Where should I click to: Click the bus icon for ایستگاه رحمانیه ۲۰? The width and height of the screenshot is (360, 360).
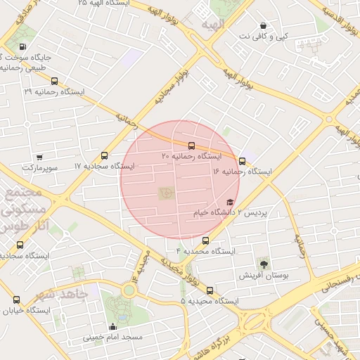[x=192, y=146]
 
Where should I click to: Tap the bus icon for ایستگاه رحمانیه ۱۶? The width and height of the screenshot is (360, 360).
[x=243, y=161]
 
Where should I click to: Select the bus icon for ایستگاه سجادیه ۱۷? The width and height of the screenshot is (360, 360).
[x=105, y=155]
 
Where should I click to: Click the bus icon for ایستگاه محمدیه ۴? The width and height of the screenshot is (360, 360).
[x=205, y=240]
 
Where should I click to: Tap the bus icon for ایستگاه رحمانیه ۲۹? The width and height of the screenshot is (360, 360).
[x=55, y=82]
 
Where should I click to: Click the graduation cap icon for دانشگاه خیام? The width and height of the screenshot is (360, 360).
[x=230, y=202]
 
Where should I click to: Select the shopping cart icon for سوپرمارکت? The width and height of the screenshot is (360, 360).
[x=39, y=157]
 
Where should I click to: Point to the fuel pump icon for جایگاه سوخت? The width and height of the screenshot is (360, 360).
[x=22, y=47]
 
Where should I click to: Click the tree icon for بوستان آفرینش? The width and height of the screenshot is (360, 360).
[x=264, y=264]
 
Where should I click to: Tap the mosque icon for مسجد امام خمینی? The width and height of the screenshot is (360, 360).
[x=112, y=326]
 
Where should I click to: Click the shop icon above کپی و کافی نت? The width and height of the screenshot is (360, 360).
[x=263, y=25]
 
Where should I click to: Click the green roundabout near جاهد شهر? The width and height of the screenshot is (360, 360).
[x=129, y=290]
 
